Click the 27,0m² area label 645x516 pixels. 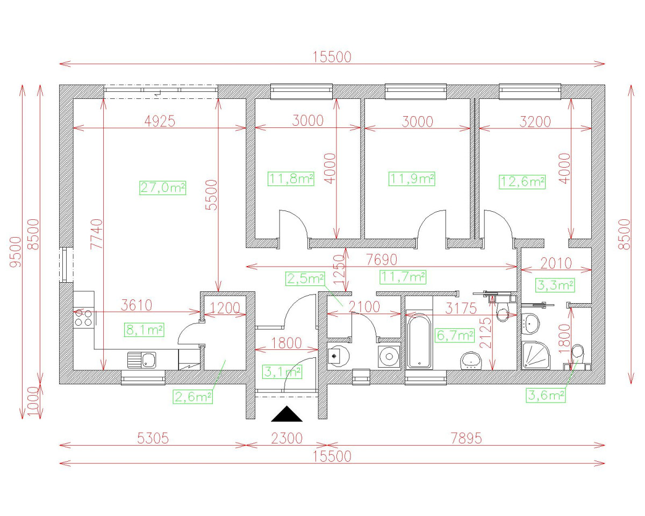tap(162, 188)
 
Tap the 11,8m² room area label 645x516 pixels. tap(291, 179)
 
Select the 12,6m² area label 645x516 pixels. tap(522, 182)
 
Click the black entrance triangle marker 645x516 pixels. tap(286, 414)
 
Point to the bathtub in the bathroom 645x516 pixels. tap(419, 341)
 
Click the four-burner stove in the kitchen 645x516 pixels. tap(83, 318)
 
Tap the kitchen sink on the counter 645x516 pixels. tap(142, 360)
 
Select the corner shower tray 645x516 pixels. tap(536, 355)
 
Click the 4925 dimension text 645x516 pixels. tap(160, 121)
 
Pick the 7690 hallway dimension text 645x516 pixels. tap(382, 260)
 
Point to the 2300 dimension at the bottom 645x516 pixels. tap(287, 439)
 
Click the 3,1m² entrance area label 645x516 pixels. tap(282, 372)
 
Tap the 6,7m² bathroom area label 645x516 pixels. tap(455, 335)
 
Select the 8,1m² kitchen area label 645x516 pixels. tap(144, 330)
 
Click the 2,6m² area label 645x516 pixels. tap(193, 397)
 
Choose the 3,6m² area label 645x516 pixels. tap(546, 395)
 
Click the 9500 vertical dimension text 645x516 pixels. tap(16, 252)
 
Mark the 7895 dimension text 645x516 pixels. tap(467, 439)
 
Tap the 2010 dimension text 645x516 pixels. tap(556, 263)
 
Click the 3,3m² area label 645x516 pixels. tap(555, 285)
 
